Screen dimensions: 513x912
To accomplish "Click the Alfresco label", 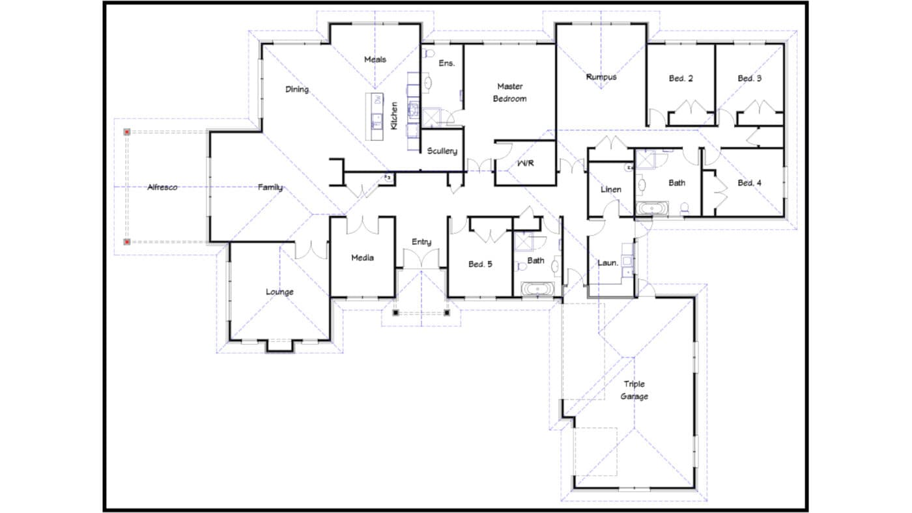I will [x=162, y=187].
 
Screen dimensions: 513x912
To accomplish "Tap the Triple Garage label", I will [x=634, y=390].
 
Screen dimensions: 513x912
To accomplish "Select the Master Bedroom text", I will [x=509, y=92].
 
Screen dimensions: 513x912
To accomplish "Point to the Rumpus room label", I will [x=601, y=77].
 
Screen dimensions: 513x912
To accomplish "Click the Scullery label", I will [x=442, y=151].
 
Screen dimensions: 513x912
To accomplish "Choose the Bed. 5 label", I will [x=480, y=264].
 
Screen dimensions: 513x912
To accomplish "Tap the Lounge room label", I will [x=279, y=292].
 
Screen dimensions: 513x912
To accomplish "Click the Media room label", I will [x=362, y=258].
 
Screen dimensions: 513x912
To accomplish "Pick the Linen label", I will [x=610, y=189].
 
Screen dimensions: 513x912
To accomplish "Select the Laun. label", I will [x=608, y=263].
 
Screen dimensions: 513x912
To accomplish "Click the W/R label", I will [x=525, y=163].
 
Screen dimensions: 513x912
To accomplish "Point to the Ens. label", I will [x=446, y=63].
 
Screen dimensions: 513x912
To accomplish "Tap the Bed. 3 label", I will [x=750, y=78].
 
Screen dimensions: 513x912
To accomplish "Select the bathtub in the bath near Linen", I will [x=651, y=209].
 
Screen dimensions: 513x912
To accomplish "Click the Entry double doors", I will [x=421, y=259].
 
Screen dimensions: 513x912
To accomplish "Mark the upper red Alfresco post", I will [x=127, y=132].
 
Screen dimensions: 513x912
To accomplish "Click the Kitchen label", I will [x=394, y=115].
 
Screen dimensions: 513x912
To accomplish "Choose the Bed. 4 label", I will [x=749, y=183].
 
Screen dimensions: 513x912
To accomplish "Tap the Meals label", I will [x=375, y=59].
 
